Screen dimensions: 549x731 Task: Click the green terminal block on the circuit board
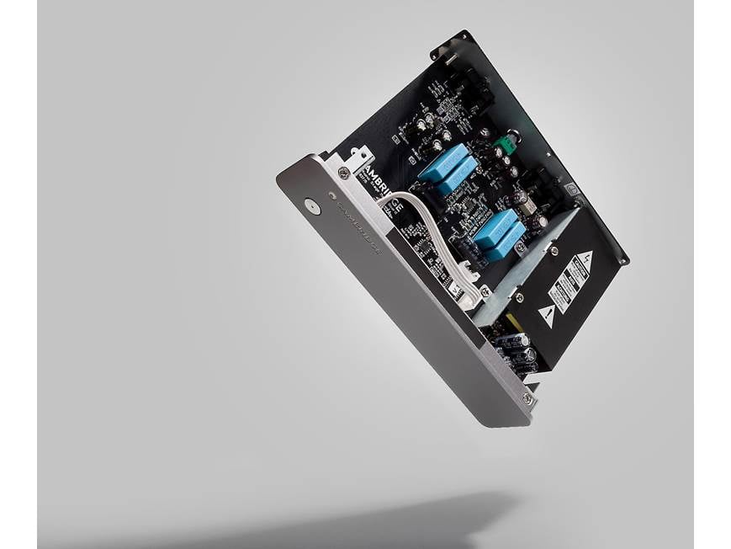pyautogui.click(x=506, y=146)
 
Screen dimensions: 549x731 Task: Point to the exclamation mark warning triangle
pyautogui.click(x=546, y=317)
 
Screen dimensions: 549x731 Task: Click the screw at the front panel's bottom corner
pyautogui.click(x=527, y=398)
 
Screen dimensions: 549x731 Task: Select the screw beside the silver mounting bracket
pyautogui.click(x=343, y=173)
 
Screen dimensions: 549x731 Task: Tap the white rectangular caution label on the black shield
pyautogui.click(x=571, y=285)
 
